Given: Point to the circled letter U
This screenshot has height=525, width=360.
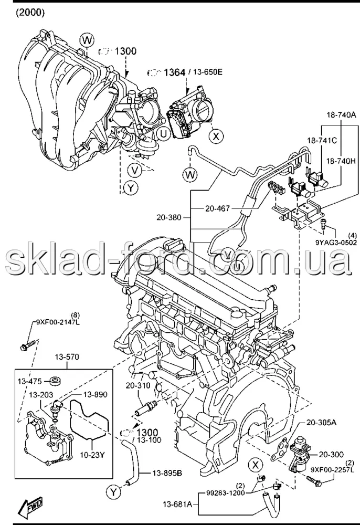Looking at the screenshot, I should click(x=164, y=134).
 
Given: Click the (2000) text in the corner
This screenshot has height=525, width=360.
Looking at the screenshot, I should click(x=30, y=11).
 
